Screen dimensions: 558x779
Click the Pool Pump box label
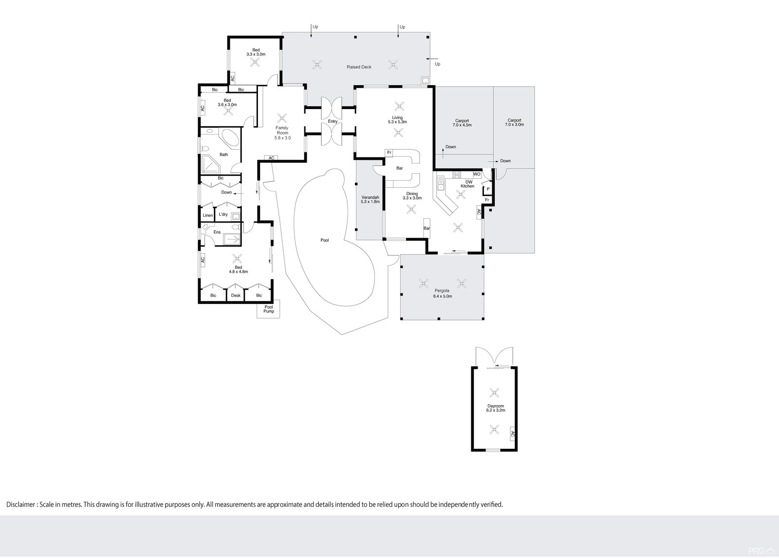(269, 309)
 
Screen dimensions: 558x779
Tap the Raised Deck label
(359, 67)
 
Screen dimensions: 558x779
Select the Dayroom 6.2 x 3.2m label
(495, 408)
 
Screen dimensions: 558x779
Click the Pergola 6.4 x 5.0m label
(443, 294)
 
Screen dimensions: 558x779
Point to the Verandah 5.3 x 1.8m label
(370, 199)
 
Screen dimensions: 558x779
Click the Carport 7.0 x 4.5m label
(462, 123)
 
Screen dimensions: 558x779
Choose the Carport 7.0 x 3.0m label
(514, 122)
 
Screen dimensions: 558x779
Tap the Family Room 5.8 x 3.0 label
(282, 133)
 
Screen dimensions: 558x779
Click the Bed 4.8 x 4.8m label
(238, 269)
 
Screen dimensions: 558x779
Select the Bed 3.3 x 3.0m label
(256, 52)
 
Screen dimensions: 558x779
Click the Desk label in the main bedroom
(236, 296)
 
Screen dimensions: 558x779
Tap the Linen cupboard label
(207, 215)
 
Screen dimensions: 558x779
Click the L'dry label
(223, 214)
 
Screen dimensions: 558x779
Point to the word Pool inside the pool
(325, 240)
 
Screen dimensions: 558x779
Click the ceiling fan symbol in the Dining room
(411, 209)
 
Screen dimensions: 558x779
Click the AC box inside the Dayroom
(512, 433)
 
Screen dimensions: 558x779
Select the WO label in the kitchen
(477, 174)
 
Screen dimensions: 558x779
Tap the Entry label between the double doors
(333, 121)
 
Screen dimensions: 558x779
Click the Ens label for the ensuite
(217, 232)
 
